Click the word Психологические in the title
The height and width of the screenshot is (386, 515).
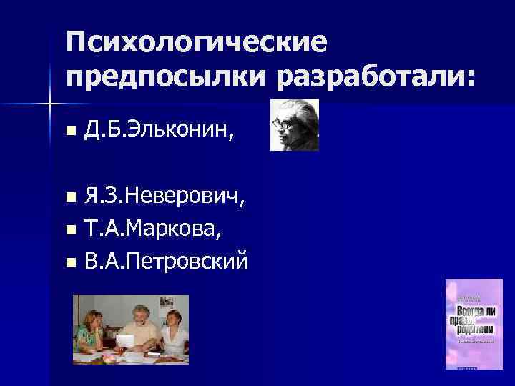click(197, 43)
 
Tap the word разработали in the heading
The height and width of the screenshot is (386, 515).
click(365, 76)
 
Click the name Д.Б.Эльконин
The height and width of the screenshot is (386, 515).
click(157, 130)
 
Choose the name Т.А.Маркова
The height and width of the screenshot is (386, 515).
click(153, 229)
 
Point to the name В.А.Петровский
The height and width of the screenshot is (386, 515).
click(166, 262)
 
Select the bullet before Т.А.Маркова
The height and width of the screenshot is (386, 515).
click(69, 230)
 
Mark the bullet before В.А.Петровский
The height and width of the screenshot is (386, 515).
click(69, 263)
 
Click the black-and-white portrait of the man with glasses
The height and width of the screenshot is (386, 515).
click(294, 125)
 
